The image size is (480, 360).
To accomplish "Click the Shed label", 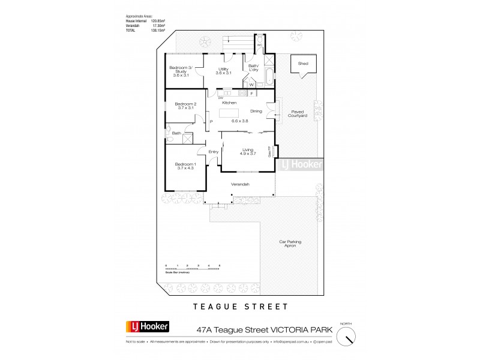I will tap(302, 62).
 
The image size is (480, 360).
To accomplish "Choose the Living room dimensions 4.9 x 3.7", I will tap(248, 154).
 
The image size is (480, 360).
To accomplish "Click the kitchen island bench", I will tap(229, 112).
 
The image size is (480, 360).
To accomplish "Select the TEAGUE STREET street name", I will tap(239, 307).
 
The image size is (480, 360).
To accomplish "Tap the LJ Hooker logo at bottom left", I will tap(146, 328).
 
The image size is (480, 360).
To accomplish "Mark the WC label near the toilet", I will tap(260, 44).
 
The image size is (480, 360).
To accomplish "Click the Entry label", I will tap(213, 152).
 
